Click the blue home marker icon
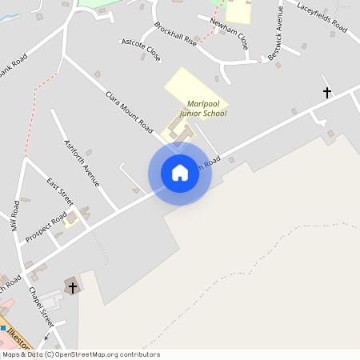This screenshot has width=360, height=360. [x=180, y=173]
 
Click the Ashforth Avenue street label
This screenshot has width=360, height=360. [x=82, y=163]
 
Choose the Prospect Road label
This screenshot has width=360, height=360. [x=46, y=229]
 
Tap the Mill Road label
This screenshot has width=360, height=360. [x=14, y=216]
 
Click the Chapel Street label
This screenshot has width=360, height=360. [x=40, y=306]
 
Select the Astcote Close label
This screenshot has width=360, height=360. [x=141, y=50]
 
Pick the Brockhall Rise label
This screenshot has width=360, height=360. [x=175, y=33]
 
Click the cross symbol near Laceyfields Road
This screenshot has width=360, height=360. [x=326, y=93]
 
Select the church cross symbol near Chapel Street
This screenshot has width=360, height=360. [x=73, y=287]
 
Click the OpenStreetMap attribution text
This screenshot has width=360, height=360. [x=80, y=354]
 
